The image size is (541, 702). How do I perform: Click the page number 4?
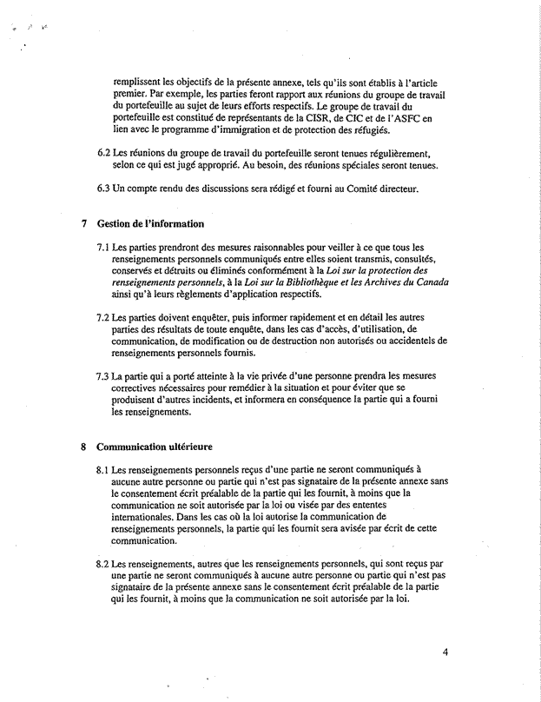pos(444,655)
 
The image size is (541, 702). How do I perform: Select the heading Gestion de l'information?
pos(149,224)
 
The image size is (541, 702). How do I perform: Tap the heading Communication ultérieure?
pos(155,448)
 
